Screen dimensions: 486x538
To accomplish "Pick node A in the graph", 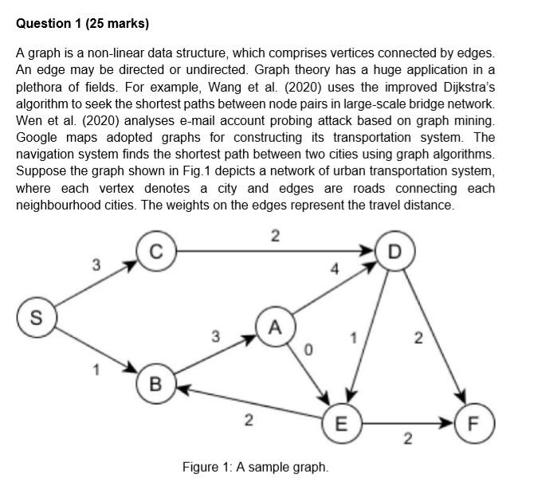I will pyautogui.click(x=275, y=326).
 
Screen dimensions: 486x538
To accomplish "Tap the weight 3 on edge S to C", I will pyautogui.click(x=95, y=264).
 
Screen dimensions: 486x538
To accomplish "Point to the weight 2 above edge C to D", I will pyautogui.click(x=275, y=234).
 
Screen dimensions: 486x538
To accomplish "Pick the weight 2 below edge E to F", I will pyautogui.click(x=408, y=439).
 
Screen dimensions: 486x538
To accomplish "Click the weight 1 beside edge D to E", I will pyautogui.click(x=348, y=339).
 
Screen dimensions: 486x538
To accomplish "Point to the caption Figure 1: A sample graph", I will pyautogui.click(x=255, y=466).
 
